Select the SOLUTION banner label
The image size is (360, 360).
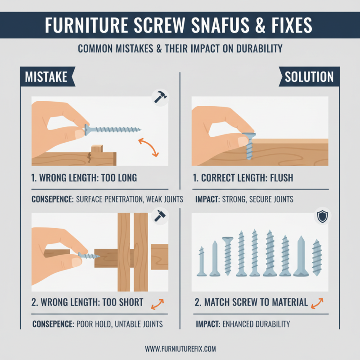309,76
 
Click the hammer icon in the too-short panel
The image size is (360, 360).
158,216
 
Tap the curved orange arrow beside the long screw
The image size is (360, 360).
148,147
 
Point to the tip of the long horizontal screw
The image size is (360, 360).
139,130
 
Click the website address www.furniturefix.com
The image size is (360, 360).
180,348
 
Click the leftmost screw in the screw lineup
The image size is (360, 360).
202,261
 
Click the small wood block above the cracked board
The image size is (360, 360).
97,150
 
